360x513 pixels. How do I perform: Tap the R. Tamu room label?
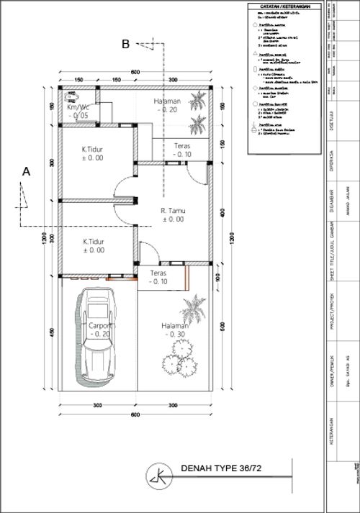tap(174, 211)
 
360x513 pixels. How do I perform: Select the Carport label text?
tap(99, 324)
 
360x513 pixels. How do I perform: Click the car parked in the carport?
tap(98, 335)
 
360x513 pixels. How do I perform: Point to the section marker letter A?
tap(27, 172)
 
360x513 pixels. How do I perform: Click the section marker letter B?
tap(125, 45)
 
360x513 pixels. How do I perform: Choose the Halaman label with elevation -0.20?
tap(169, 101)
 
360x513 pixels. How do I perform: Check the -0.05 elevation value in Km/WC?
tap(79, 114)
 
